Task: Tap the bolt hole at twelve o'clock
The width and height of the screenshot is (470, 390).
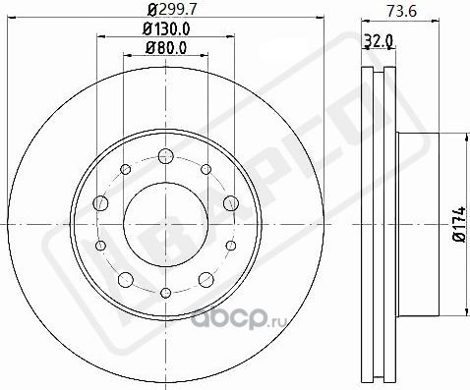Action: coord(164,154)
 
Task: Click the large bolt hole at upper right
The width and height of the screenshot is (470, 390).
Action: coord(230,202)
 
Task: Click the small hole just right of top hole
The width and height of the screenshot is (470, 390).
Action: coord(205,170)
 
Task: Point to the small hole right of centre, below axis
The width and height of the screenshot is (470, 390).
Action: coord(230,245)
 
